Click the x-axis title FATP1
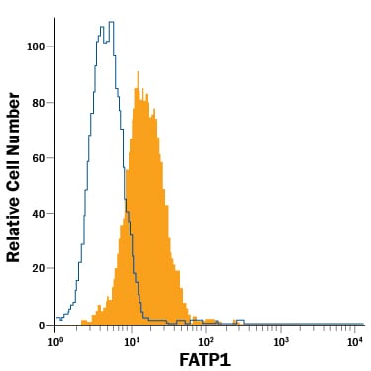click(205, 360)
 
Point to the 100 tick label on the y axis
click(36, 46)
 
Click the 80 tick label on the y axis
click(39, 103)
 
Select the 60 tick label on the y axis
click(39, 158)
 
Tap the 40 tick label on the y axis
click(39, 214)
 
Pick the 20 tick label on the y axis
click(39, 268)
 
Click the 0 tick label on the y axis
click(42, 325)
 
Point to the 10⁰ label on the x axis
click(55, 341)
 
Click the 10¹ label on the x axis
click(131, 341)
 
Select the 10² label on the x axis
click(205, 341)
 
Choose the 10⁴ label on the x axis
click(354, 341)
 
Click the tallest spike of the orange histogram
click(139, 72)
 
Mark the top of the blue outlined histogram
click(112, 22)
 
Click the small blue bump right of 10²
click(240, 320)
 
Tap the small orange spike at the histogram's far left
click(83, 321)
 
